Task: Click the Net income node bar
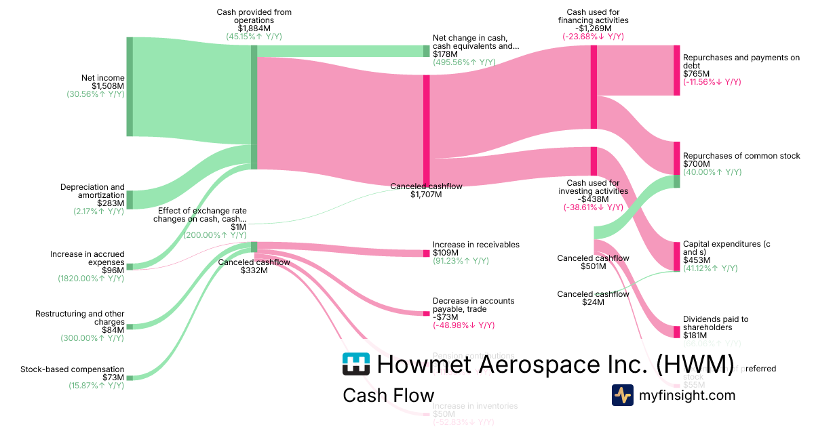tap(130, 87)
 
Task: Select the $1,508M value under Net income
tap(109, 86)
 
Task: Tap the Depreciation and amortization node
tap(130, 200)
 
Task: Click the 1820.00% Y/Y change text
tap(91, 279)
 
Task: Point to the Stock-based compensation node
tap(130, 378)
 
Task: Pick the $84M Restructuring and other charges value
tap(113, 330)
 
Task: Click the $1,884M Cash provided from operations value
tap(254, 28)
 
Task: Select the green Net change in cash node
tap(427, 51)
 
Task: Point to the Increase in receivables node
tap(427, 253)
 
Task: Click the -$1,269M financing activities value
tap(593, 28)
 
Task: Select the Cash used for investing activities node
tap(594, 161)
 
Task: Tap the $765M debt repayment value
tap(696, 73)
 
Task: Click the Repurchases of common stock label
tap(741, 156)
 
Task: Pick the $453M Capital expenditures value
tap(697, 260)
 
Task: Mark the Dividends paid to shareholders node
tap(676, 331)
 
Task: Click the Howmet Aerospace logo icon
tap(355, 364)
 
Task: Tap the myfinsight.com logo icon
tap(622, 395)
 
